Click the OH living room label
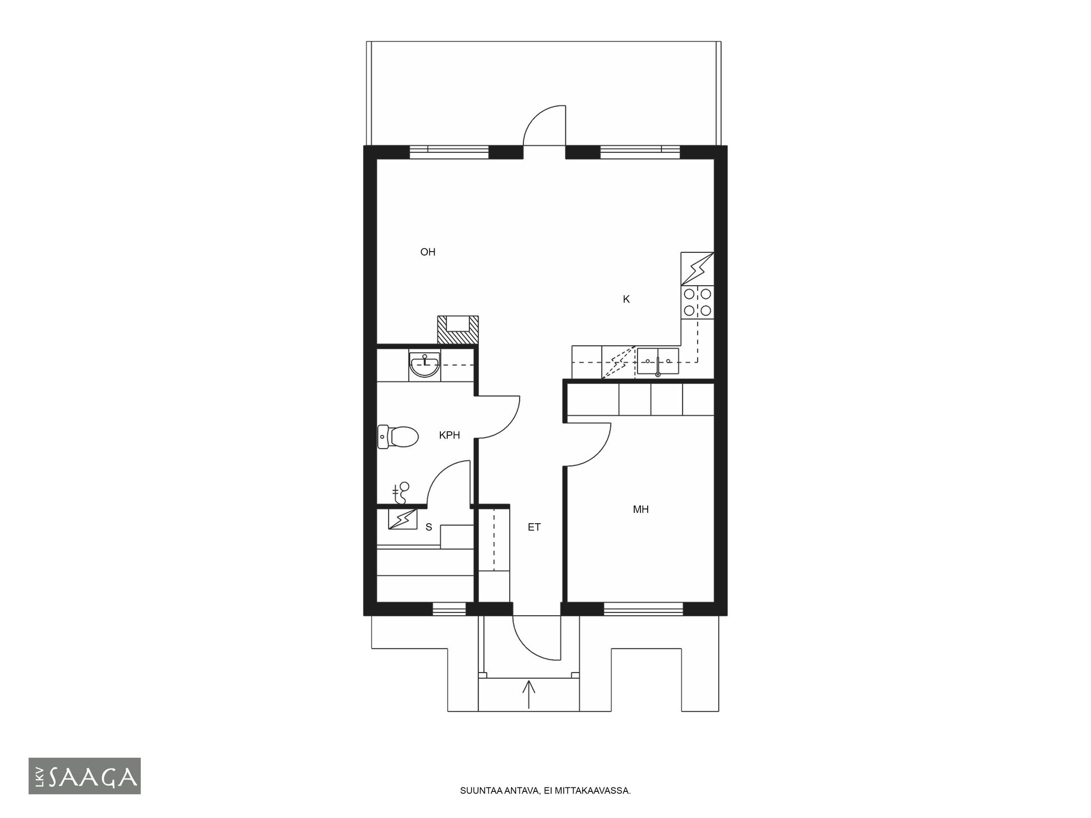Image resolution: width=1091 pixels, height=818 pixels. (427, 252)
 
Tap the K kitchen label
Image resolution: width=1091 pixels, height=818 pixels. (626, 299)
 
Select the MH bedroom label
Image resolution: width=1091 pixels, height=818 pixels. (640, 510)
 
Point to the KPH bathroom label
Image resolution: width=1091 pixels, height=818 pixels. (449, 436)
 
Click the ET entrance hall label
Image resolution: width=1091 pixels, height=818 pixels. (534, 527)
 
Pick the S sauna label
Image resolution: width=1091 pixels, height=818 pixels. (429, 527)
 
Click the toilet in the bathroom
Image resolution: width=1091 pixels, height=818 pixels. (398, 437)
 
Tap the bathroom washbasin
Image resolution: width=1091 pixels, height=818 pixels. (424, 366)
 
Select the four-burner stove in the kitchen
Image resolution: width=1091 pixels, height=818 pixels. (697, 302)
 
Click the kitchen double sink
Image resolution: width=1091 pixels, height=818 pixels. (657, 362)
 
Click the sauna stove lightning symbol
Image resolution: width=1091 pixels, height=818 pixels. (402, 519)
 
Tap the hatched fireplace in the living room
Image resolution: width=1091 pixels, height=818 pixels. (457, 329)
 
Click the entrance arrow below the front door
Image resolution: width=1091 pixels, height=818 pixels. (528, 694)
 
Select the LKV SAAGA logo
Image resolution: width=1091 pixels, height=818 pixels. (85, 776)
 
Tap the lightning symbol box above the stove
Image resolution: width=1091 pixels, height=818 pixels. (697, 269)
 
